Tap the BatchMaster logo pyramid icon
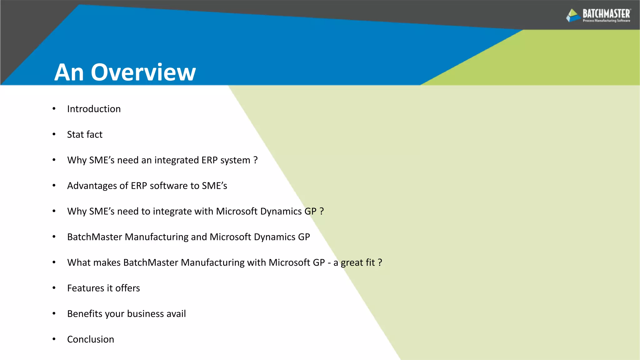tap(573, 15)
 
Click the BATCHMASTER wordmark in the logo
tap(606, 14)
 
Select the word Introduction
tap(94, 109)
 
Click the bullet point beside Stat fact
tap(54, 134)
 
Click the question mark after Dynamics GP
tap(322, 212)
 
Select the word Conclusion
tap(91, 339)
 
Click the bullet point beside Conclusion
tap(54, 339)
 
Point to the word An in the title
tap(69, 72)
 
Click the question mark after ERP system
tap(256, 160)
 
